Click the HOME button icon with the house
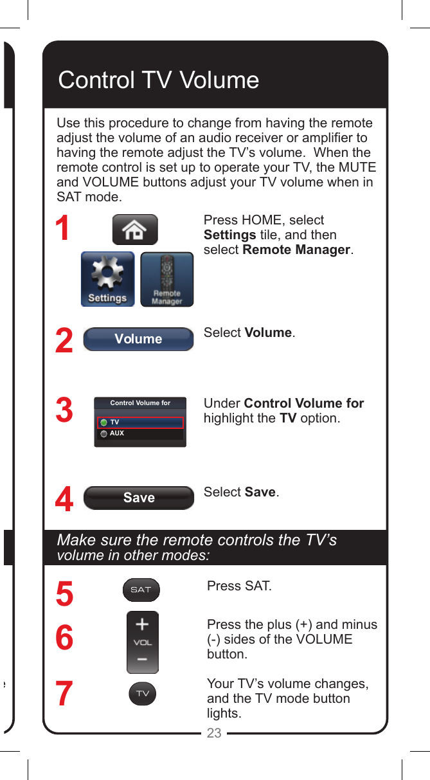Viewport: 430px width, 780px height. coord(134,230)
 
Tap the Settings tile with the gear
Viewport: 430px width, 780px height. coord(107,279)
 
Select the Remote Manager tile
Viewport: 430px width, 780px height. coord(166,279)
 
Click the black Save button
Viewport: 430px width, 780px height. coord(139,498)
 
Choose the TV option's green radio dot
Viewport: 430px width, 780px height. coord(103,423)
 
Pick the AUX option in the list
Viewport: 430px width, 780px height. coord(117,434)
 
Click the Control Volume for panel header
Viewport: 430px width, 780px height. coord(140,403)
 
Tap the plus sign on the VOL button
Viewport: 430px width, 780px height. coord(142,624)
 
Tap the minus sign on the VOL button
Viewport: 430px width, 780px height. coord(142,660)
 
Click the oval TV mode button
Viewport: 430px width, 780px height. coord(142,694)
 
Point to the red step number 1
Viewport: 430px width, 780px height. coord(62,229)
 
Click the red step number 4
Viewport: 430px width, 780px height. coord(64,500)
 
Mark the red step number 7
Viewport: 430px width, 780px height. coord(64,694)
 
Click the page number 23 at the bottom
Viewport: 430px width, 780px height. coord(214,733)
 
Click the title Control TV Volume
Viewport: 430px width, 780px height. coord(159,80)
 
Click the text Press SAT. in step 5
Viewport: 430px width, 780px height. coord(239,586)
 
